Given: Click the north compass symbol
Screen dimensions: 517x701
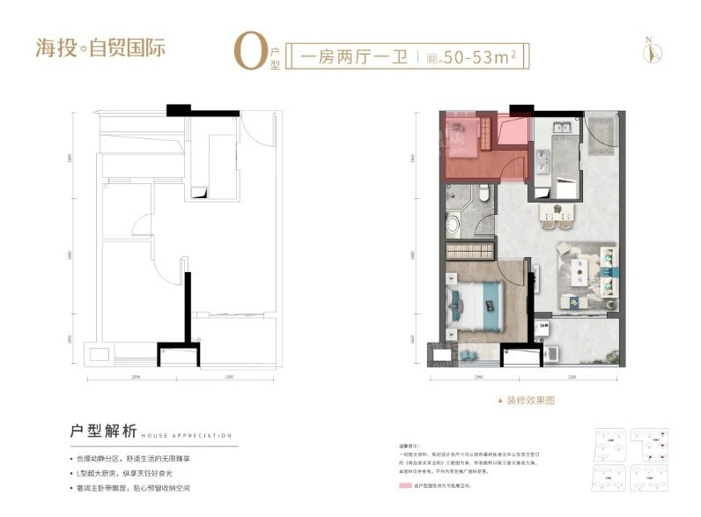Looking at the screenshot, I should [650, 50].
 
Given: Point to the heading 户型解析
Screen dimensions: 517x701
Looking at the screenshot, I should [104, 432].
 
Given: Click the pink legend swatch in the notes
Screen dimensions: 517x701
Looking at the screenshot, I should [405, 486].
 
